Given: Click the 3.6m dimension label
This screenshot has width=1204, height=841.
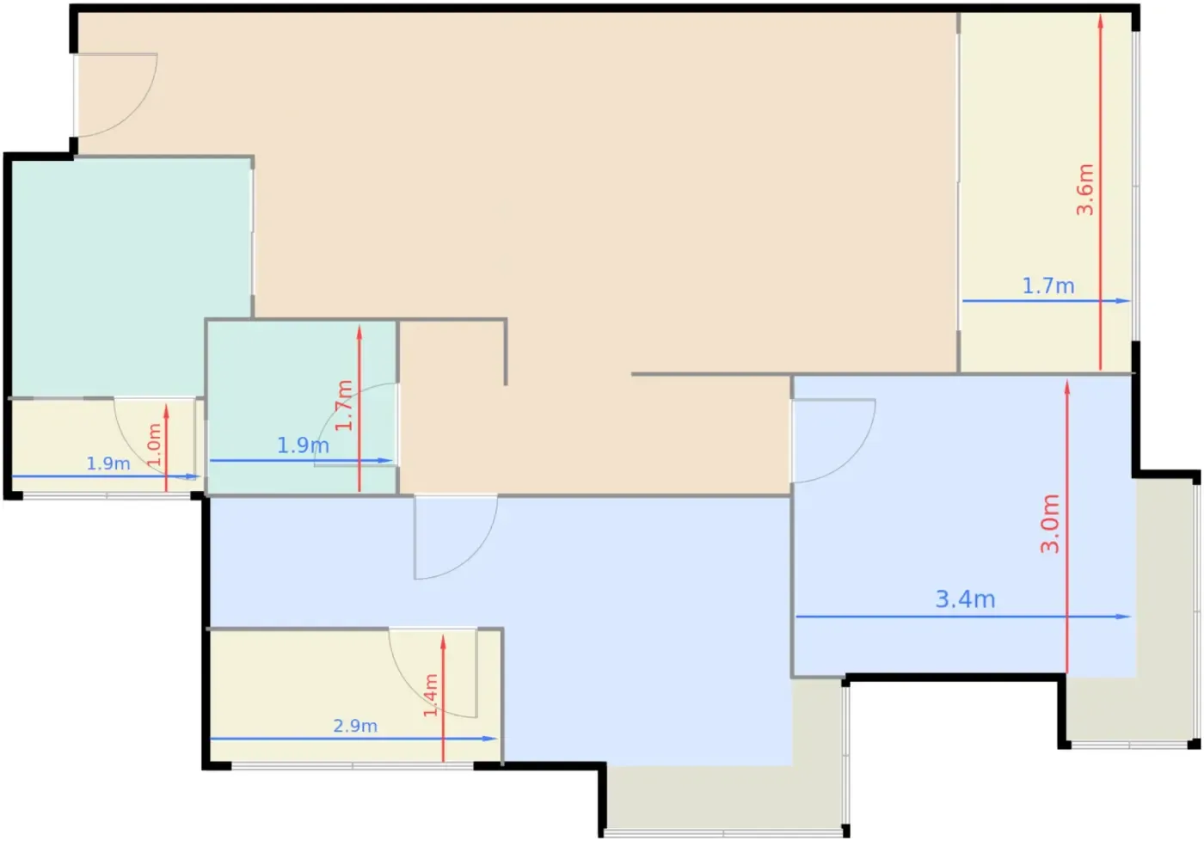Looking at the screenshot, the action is [1084, 190].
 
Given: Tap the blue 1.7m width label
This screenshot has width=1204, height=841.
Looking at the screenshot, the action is [1048, 285].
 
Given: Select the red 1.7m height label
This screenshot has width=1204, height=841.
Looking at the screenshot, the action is [344, 405].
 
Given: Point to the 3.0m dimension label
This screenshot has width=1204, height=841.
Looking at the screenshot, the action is [1050, 524].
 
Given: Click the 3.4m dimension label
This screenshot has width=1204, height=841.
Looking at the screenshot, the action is [965, 599].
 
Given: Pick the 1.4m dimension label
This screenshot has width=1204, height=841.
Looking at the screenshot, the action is [431, 696].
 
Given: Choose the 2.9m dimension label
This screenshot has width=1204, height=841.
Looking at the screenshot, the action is [355, 726].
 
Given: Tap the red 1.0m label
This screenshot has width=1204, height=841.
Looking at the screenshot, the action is [154, 445].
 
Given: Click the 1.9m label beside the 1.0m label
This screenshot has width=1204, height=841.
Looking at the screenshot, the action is [108, 463].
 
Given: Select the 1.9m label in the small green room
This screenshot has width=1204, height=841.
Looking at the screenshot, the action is [303, 445].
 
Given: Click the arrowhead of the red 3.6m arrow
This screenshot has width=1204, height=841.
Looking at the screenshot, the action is [1100, 21].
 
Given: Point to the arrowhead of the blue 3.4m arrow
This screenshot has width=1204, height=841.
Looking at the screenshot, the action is [1125, 617].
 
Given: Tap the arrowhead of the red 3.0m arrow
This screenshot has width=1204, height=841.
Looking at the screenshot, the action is [1067, 387].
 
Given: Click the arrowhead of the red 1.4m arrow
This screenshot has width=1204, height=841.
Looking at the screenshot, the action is [443, 642].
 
